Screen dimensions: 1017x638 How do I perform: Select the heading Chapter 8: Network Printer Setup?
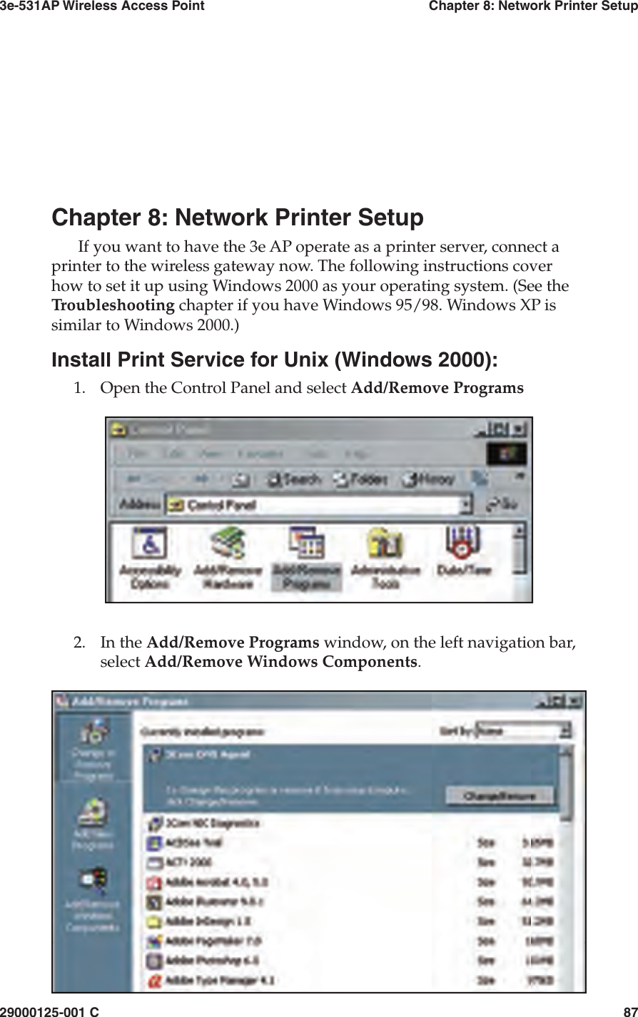point(238,218)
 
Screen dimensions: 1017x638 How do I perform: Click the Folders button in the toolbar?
point(361,479)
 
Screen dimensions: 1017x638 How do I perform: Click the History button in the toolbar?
point(428,479)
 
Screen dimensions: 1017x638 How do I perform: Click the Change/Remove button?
point(499,796)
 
